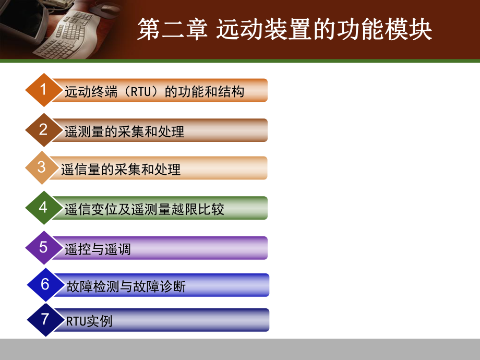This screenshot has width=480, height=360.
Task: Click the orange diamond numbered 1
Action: pos(43,90)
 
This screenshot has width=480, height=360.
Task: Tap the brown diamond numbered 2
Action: pos(43,129)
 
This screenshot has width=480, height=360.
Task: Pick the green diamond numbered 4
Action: pos(43,208)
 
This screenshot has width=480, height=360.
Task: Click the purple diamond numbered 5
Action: pos(43,247)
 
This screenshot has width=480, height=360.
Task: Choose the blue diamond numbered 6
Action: pos(45,284)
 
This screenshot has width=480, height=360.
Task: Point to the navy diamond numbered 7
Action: pos(45,319)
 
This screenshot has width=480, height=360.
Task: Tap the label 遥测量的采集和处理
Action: pos(125,131)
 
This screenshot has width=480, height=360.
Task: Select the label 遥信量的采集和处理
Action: pos(121,170)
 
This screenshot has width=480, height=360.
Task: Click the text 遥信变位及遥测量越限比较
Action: pos(145,210)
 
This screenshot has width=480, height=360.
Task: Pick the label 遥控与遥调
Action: pos(98,249)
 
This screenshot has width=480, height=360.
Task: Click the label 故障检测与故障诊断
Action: pos(126,286)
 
